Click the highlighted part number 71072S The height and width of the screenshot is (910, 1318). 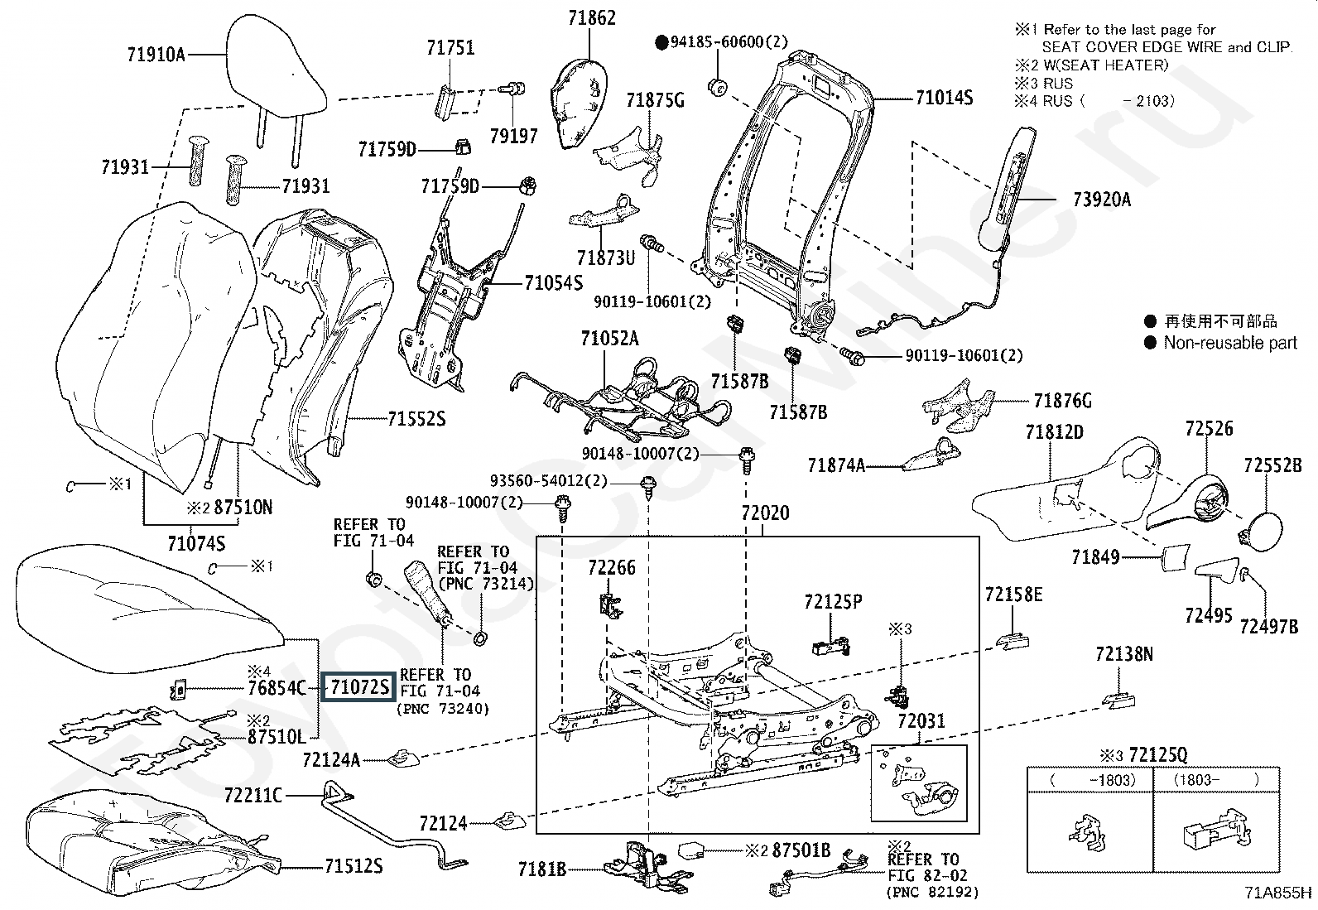pyautogui.click(x=358, y=686)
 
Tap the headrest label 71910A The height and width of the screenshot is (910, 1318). pyautogui.click(x=156, y=55)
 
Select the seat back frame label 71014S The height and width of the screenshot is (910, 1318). pyautogui.click(x=944, y=98)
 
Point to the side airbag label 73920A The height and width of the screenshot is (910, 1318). pyautogui.click(x=1101, y=200)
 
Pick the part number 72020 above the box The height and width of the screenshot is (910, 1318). pyautogui.click(x=765, y=513)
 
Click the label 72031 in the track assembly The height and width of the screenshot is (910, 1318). pyautogui.click(x=921, y=721)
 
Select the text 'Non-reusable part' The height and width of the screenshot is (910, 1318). pyautogui.click(x=1230, y=343)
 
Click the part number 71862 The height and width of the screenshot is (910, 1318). pyautogui.click(x=592, y=17)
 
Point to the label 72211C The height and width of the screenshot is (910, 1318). pyautogui.click(x=253, y=795)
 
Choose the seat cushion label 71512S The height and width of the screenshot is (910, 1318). pyautogui.click(x=353, y=866)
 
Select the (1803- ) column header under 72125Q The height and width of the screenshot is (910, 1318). pyautogui.click(x=1215, y=780)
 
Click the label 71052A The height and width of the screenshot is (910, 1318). pyautogui.click(x=609, y=339)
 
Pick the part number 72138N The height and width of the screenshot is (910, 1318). pyautogui.click(x=1123, y=654)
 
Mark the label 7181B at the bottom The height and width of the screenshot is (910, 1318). pyautogui.click(x=542, y=869)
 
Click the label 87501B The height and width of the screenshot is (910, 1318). pyautogui.click(x=801, y=850)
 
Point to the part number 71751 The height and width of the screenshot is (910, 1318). pyautogui.click(x=450, y=47)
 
